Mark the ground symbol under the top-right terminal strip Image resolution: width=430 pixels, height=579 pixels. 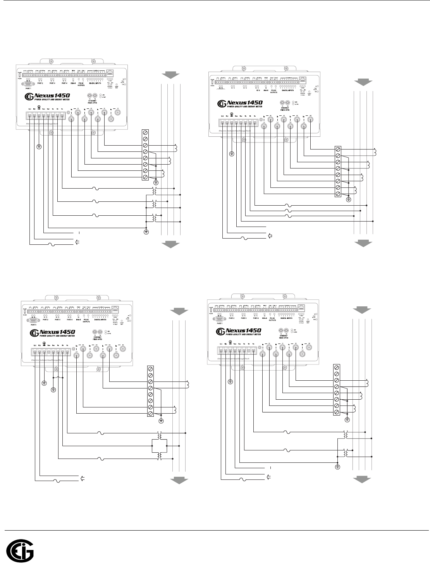coord(348,199)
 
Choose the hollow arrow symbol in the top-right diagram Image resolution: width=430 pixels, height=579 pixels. coord(270,235)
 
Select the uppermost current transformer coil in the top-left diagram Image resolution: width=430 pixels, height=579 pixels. coord(176,148)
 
